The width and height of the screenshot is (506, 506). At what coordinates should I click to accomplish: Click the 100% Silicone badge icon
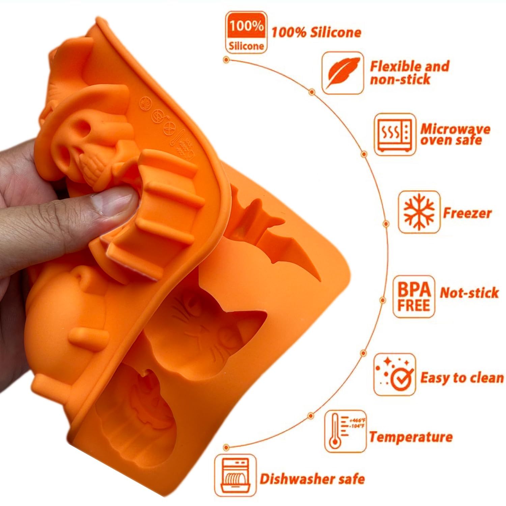click(246, 32)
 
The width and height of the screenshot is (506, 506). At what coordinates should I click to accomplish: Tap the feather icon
click(342, 73)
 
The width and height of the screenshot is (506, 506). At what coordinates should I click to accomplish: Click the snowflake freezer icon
click(419, 212)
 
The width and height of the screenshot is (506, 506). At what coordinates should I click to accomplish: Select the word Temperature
click(411, 437)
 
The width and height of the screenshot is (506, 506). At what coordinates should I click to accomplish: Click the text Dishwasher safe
click(312, 479)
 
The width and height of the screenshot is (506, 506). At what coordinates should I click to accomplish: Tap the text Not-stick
click(469, 292)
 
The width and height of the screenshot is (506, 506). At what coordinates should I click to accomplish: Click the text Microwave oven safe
click(455, 134)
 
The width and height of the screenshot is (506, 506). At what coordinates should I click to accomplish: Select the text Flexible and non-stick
click(410, 73)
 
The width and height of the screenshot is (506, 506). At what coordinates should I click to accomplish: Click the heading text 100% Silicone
click(316, 32)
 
